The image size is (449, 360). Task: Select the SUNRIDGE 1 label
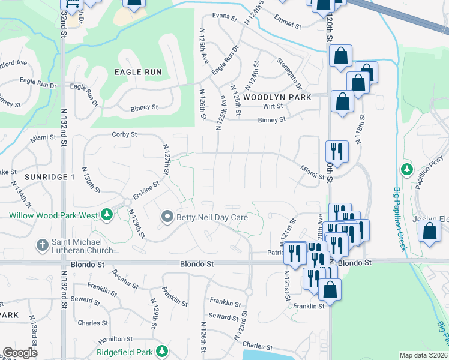click(50, 177)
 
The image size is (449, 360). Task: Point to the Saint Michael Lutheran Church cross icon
click(42, 245)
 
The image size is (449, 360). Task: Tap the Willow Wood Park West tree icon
click(106, 214)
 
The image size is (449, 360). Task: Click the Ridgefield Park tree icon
click(161, 350)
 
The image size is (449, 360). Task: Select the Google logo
click(20, 353)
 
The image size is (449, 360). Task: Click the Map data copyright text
click(423, 355)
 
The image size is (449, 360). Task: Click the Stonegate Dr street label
click(289, 70)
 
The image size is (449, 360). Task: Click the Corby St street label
click(125, 134)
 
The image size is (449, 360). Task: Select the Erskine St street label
click(146, 191)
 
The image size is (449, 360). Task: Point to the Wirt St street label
click(273, 106)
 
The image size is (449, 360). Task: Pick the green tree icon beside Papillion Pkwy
click(406, 169)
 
